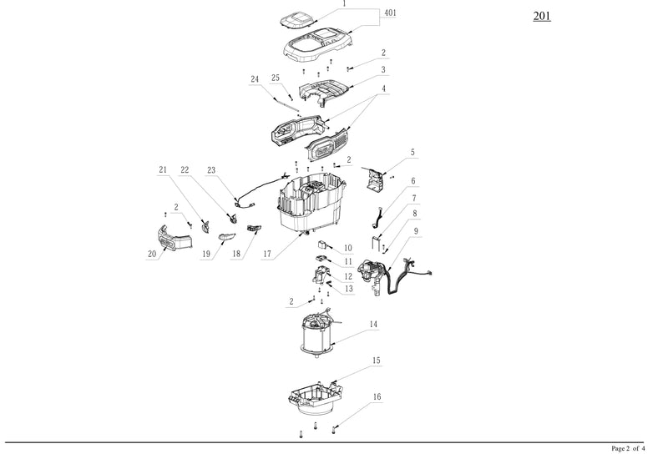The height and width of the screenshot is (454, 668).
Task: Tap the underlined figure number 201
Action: tap(543, 17)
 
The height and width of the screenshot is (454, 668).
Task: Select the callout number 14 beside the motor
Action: tap(374, 325)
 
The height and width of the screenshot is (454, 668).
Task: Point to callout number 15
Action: tap(377, 361)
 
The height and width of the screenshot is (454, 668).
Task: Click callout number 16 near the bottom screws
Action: tap(377, 397)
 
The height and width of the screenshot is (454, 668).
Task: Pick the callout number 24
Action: tap(255, 79)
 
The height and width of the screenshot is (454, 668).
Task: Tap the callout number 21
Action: tap(164, 170)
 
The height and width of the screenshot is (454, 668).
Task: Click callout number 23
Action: tap(211, 170)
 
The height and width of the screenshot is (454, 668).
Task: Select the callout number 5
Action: tap(412, 154)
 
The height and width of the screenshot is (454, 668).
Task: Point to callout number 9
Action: tap(416, 230)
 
